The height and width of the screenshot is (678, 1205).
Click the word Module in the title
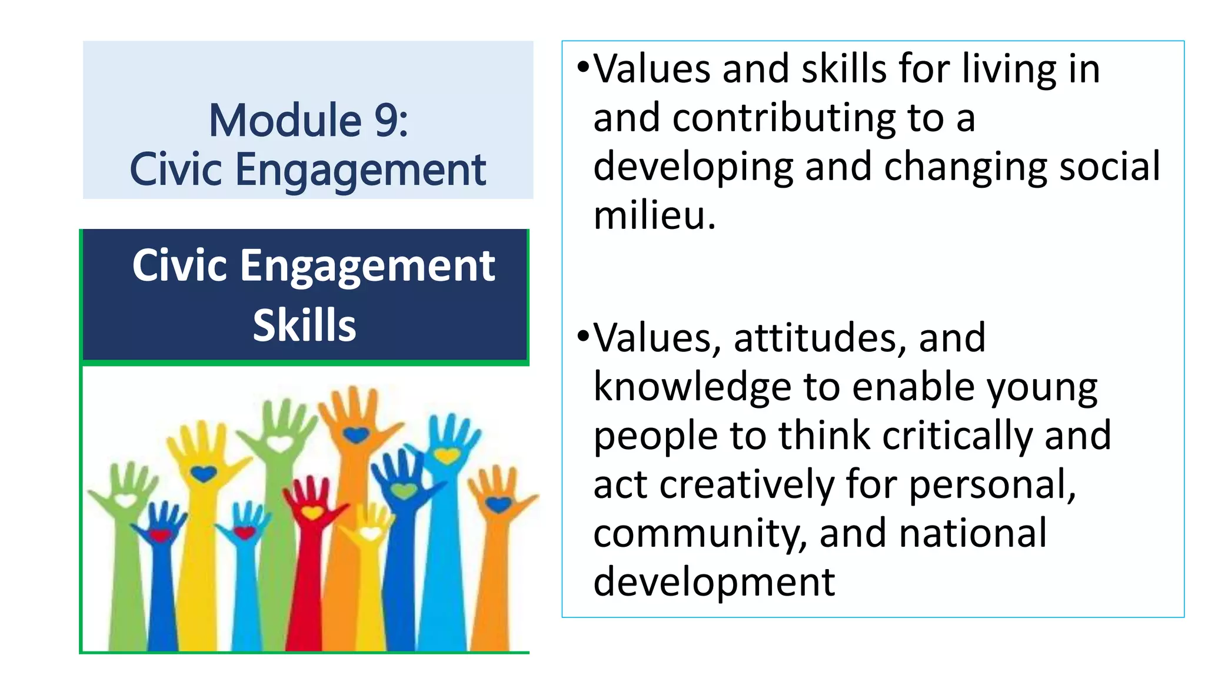click(285, 121)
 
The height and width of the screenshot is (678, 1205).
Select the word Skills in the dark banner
click(304, 325)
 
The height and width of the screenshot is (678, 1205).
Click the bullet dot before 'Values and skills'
click(582, 66)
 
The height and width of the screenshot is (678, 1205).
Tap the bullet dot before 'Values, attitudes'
click(582, 336)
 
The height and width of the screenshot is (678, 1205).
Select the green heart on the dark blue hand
click(404, 490)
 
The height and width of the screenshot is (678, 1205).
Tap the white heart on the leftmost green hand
click(125, 501)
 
